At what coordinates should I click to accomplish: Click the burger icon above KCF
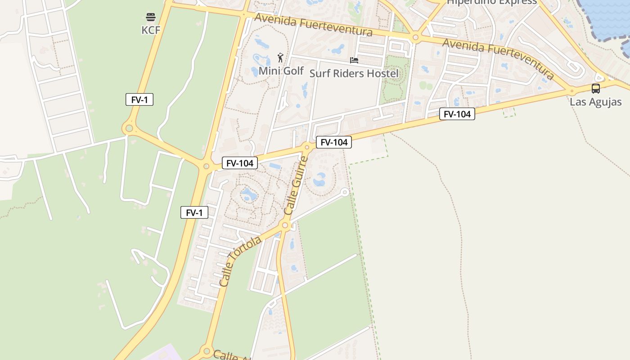151,17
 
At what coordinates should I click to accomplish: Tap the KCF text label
151,30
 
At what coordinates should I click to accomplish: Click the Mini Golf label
281,71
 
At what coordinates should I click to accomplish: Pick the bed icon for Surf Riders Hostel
354,60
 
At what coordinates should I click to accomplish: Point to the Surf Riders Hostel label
354,73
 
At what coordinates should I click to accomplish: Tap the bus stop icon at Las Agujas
596,88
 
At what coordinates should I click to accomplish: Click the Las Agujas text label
596,102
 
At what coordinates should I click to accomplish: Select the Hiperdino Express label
492,2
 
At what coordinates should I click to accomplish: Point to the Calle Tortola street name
240,261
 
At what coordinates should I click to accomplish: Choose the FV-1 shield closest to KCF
139,100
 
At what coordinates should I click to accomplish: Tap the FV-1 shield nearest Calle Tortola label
194,212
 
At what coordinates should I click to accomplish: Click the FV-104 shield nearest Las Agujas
457,114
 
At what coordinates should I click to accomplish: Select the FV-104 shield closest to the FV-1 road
240,163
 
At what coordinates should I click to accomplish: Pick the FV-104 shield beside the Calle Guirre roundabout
334,143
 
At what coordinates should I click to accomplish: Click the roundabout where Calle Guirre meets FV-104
307,147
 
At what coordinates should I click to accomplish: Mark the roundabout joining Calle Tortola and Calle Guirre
285,225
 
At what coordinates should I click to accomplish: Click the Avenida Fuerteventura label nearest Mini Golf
313,25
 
